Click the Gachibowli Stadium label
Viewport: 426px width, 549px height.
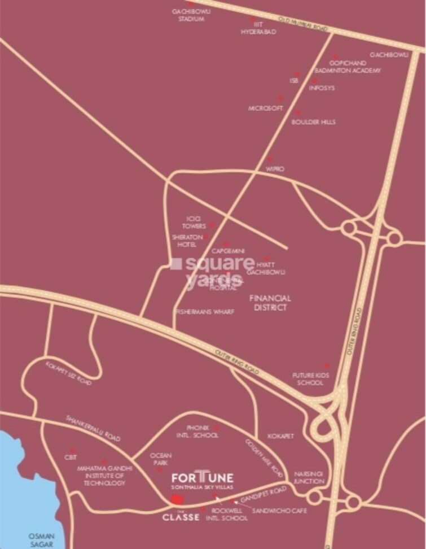(188, 15)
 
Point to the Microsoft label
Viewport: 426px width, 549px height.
(265, 108)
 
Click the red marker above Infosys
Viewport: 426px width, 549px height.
(314, 81)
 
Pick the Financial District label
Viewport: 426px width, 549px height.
(270, 302)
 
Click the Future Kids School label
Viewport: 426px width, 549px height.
(308, 378)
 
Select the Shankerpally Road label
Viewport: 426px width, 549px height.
(94, 429)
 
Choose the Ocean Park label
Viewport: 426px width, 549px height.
(161, 459)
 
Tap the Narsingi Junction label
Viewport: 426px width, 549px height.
(309, 477)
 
